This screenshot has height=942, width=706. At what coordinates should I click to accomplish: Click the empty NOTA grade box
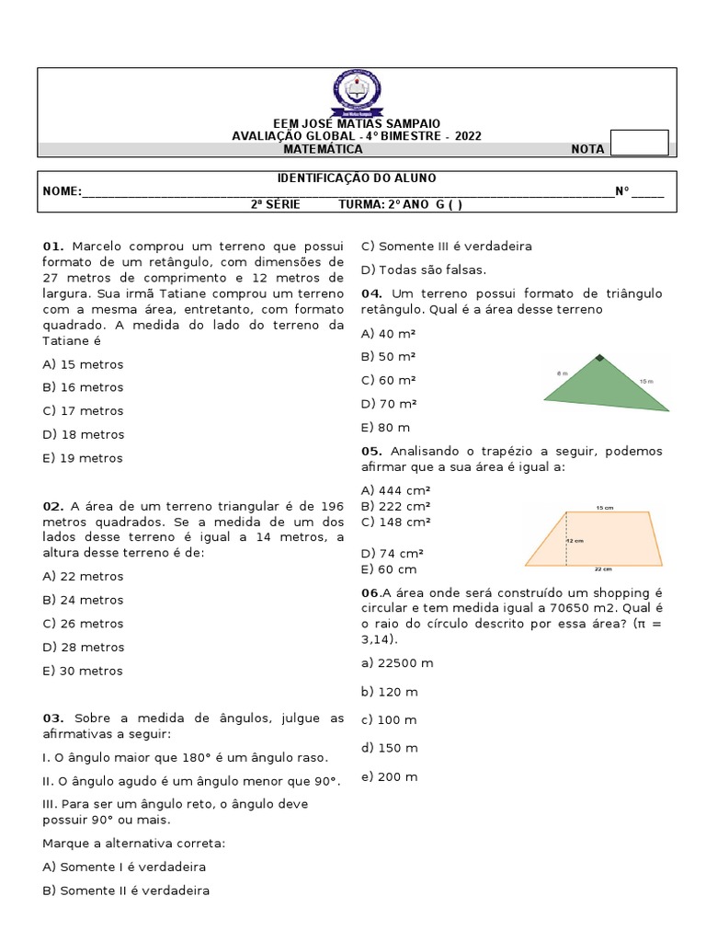tap(639, 144)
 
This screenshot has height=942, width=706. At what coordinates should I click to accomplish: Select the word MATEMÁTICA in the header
tap(323, 149)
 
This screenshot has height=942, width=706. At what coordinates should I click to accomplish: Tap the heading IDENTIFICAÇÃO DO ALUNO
tap(357, 178)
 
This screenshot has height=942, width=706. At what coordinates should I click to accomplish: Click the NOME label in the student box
tap(61, 191)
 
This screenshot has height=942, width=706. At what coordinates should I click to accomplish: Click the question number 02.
tap(53, 506)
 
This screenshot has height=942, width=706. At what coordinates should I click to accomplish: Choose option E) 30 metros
tap(83, 671)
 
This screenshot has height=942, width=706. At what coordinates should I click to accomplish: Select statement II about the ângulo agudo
tap(191, 781)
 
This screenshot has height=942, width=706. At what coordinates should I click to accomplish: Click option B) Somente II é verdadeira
tap(126, 890)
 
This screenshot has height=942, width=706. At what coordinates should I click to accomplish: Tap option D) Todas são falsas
tap(423, 270)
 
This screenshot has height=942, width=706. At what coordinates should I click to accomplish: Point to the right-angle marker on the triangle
tap(599, 358)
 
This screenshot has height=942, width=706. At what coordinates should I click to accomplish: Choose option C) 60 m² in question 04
tap(389, 380)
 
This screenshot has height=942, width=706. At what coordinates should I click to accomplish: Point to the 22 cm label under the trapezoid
tap(603, 569)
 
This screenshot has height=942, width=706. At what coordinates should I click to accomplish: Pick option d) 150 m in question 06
tap(389, 748)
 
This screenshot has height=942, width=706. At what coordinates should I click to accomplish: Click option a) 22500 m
tap(397, 662)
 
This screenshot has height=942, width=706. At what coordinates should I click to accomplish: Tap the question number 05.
tap(371, 451)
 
